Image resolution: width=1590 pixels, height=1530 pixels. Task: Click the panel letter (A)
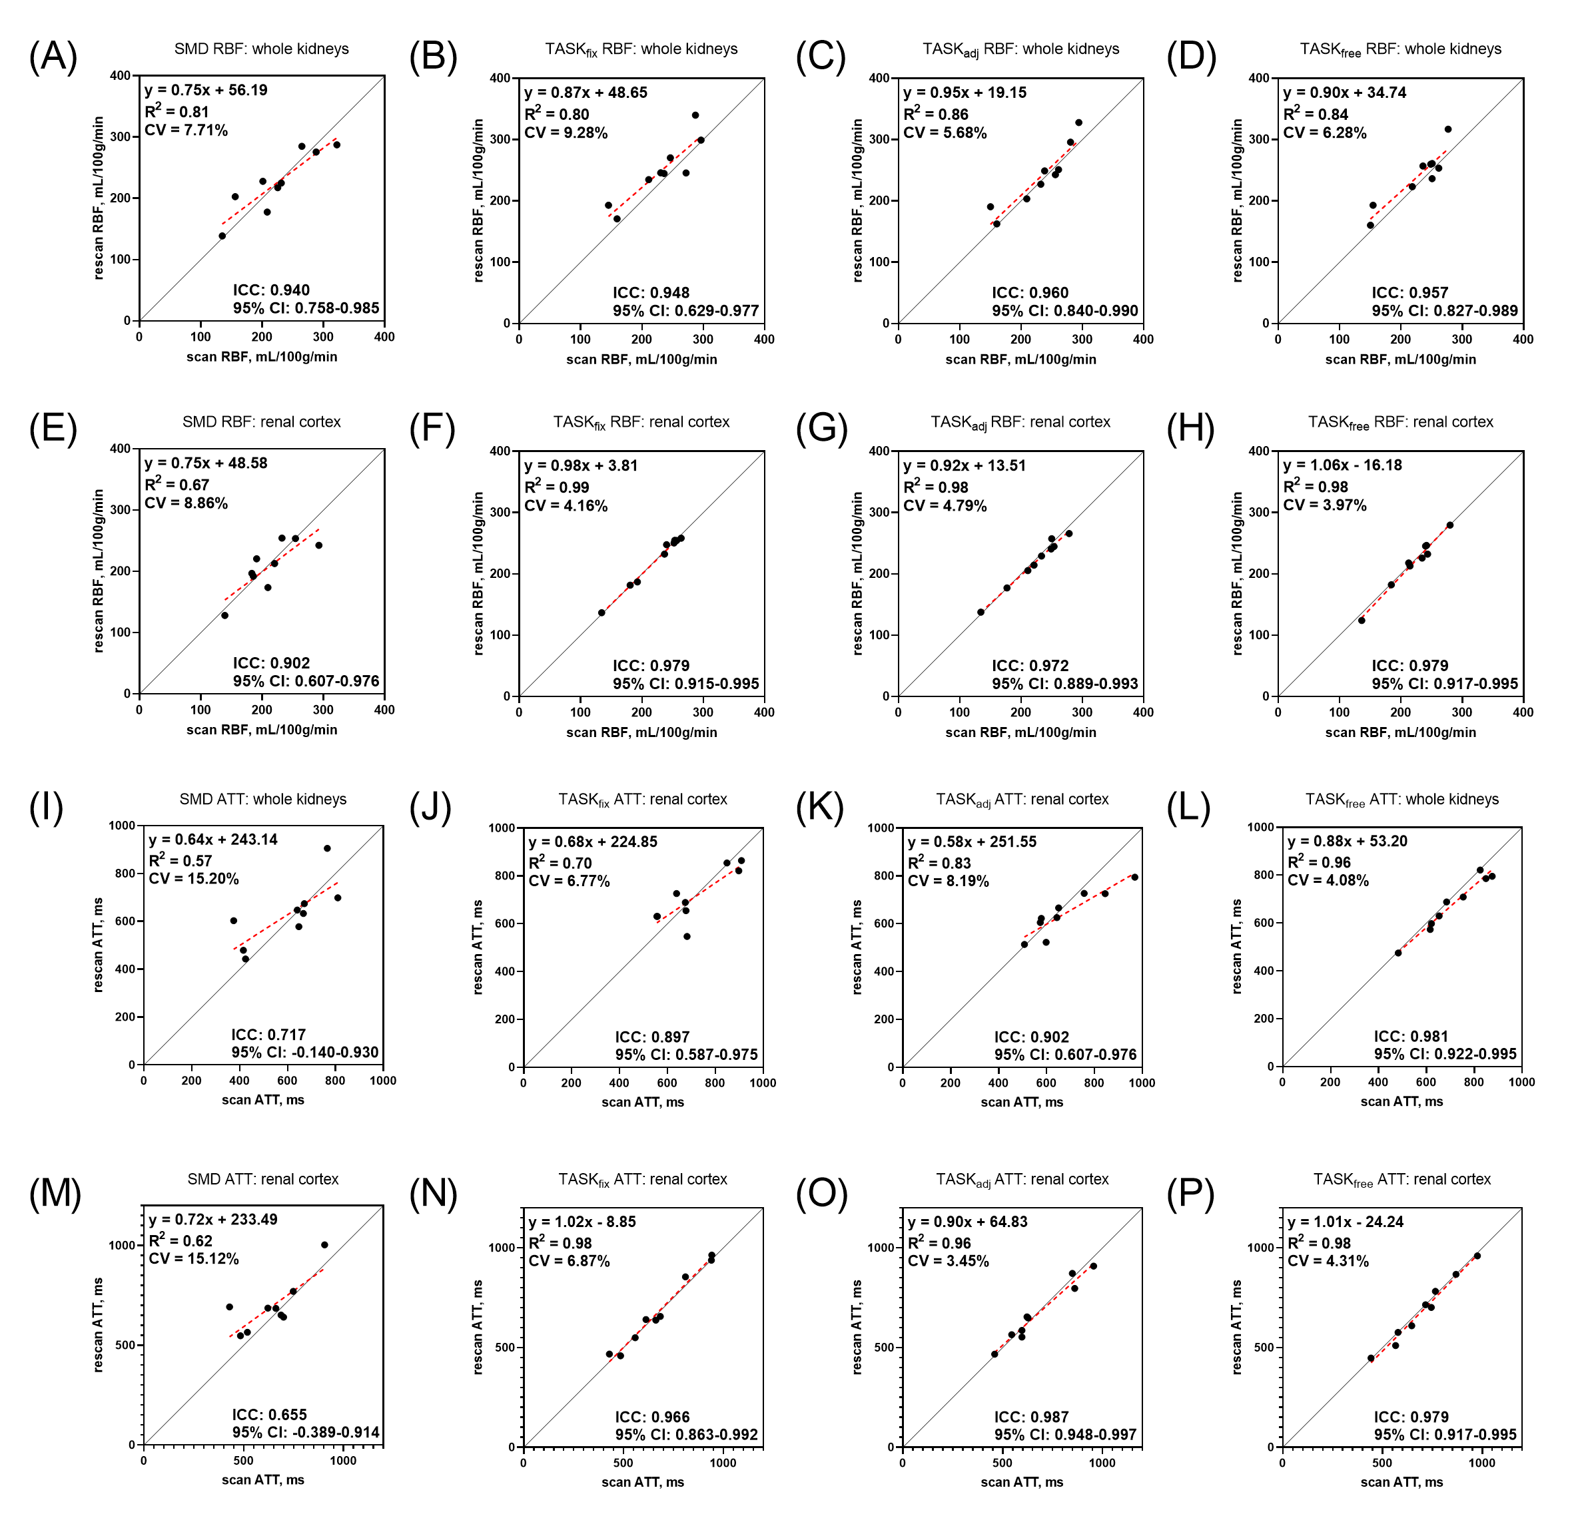53,57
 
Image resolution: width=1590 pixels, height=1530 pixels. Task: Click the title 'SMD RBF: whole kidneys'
261,49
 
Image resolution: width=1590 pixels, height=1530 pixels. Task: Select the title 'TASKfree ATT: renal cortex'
1401,1180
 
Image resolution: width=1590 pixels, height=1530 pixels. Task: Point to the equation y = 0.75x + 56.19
206,90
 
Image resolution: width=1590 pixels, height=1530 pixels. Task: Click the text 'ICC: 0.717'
268,1035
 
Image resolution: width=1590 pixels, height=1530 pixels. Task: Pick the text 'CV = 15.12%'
194,1258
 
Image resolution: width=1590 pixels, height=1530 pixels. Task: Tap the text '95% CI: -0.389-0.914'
306,1432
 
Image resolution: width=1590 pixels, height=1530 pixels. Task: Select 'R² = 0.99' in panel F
556,487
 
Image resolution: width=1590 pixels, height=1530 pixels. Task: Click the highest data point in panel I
327,848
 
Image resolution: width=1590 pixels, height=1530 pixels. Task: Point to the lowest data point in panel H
1362,621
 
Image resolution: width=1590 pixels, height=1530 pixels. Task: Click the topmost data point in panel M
324,1244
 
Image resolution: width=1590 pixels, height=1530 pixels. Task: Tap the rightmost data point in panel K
1135,878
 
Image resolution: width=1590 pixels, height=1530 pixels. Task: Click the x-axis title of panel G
1020,732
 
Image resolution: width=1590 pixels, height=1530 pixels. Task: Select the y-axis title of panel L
1237,946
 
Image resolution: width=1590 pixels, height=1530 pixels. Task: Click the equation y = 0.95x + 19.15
965,93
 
